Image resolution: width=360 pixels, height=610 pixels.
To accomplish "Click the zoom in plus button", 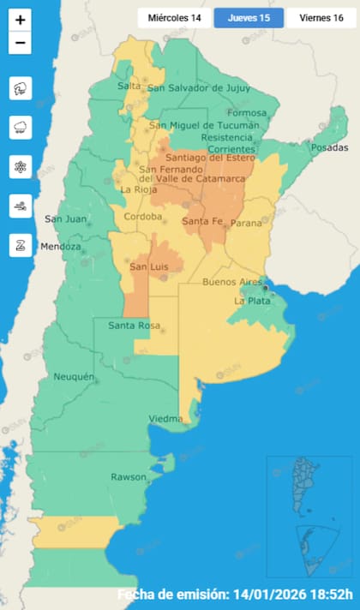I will (21, 18).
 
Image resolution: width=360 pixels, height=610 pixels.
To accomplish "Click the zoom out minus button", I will (21, 43).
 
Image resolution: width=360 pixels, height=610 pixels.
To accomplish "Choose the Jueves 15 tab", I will (249, 18).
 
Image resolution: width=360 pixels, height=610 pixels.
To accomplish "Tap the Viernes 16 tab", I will (321, 18).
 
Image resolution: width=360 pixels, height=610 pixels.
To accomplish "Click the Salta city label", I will (129, 86).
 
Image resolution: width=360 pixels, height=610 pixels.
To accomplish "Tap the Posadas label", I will (330, 148).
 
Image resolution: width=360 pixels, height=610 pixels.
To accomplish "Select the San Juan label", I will (65, 218).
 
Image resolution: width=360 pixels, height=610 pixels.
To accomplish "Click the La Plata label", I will (253, 302).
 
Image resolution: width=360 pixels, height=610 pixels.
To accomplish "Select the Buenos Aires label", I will (231, 282).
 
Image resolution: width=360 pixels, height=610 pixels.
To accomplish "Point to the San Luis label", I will (147, 266).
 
